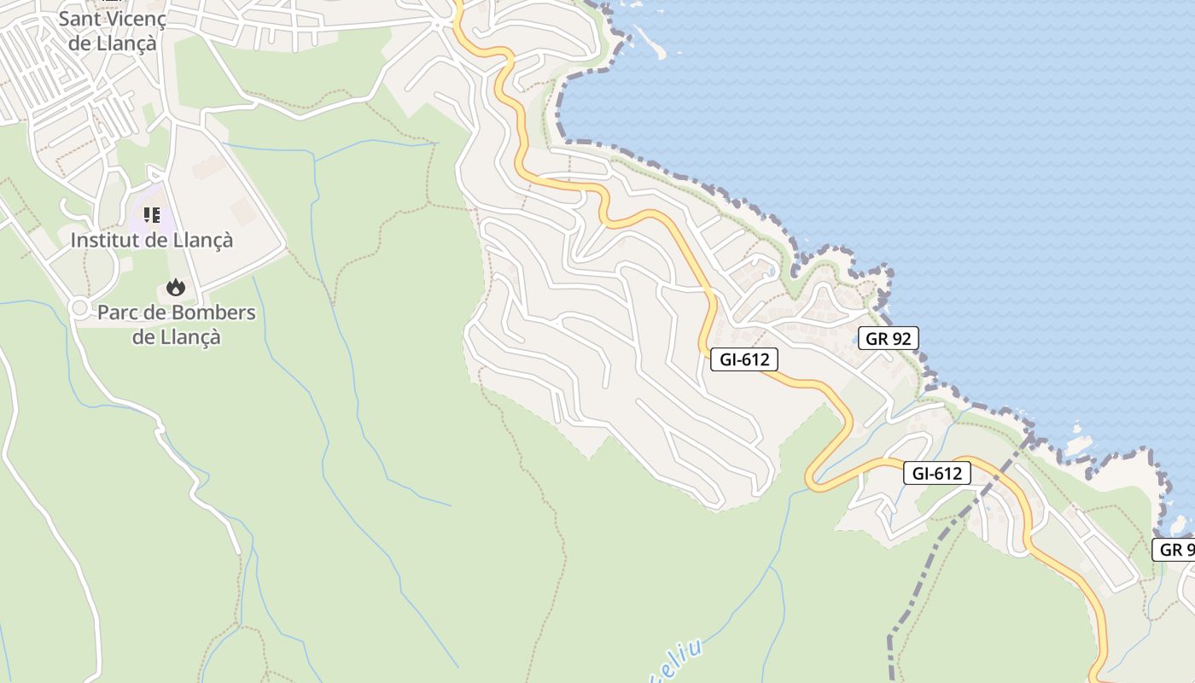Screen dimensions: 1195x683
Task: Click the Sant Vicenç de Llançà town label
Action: (x=112, y=30)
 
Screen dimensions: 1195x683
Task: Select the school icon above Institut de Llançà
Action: (x=152, y=214)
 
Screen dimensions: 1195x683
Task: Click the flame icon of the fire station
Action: (x=176, y=287)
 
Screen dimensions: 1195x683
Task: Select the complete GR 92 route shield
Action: (x=888, y=338)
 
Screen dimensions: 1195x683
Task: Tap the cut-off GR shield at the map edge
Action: (x=1175, y=549)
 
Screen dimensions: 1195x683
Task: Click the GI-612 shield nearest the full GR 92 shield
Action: (x=744, y=359)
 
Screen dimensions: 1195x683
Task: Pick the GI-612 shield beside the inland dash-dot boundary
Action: (x=936, y=473)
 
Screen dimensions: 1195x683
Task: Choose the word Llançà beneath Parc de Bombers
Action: (x=190, y=337)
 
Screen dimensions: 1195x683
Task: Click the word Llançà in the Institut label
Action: (x=202, y=241)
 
